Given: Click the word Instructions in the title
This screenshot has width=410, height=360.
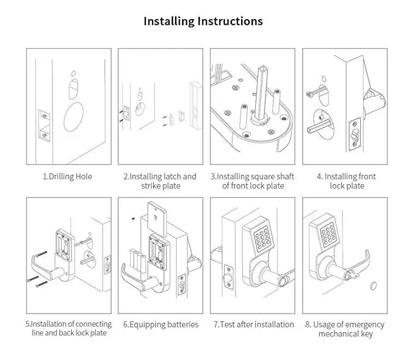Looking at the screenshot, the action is tap(230, 21).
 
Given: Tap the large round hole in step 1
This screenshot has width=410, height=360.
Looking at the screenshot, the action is tap(74, 117).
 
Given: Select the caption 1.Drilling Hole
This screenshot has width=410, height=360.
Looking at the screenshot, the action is tap(67, 176).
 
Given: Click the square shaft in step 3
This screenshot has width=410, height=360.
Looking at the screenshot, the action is tap(261, 94).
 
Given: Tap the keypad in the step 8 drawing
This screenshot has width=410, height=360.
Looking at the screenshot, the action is tap(329, 234).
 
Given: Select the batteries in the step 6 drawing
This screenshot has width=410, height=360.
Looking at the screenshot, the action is tap(138, 261).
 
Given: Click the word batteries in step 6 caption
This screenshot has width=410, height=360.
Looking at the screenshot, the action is tap(183, 324).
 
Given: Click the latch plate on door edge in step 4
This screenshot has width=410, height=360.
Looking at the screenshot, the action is tap(355, 134).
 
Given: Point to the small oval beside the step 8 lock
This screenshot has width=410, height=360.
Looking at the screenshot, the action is tap(373, 286).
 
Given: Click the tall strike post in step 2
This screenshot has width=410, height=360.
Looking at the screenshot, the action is tap(196, 105).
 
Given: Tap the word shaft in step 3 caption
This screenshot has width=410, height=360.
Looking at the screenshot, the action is tap(286, 176).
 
